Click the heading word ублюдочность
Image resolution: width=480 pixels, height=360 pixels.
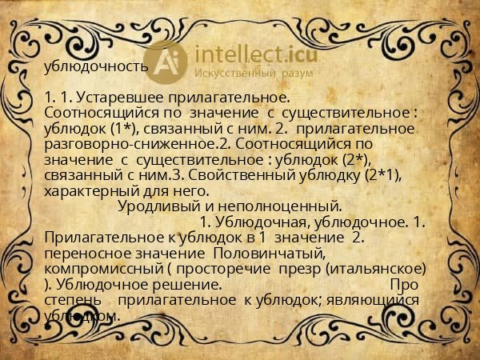[x=96, y=66]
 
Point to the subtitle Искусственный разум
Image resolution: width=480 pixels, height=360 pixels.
[x=251, y=74]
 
